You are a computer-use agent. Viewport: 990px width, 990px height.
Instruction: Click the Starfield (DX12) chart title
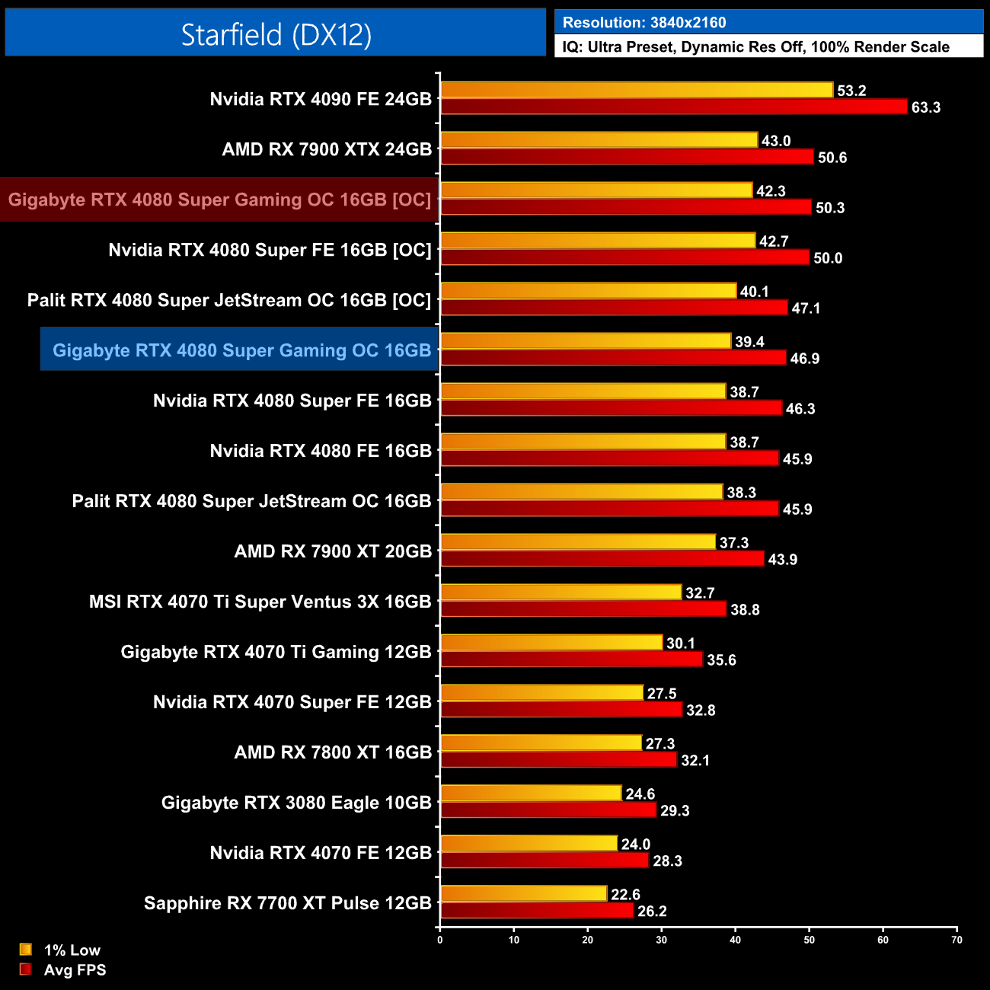click(276, 34)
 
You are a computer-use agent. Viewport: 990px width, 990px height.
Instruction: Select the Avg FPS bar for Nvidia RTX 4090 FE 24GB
click(674, 107)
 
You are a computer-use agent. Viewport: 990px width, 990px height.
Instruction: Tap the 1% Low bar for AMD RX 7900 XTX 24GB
click(599, 140)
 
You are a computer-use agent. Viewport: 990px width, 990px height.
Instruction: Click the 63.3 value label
click(925, 107)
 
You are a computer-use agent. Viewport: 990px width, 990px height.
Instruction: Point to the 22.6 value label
click(625, 895)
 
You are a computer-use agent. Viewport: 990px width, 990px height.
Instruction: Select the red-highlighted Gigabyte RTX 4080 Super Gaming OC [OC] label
click(219, 200)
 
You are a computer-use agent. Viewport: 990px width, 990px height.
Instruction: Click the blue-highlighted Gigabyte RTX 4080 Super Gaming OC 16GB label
click(241, 350)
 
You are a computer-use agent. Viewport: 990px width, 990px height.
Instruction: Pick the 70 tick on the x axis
click(956, 940)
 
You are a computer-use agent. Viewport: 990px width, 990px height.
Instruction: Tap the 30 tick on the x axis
click(661, 940)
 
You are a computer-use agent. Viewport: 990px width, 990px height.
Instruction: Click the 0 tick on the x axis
click(440, 940)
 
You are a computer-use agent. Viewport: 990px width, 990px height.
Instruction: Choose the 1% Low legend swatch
click(26, 950)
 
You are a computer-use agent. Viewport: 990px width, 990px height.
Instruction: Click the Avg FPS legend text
click(75, 970)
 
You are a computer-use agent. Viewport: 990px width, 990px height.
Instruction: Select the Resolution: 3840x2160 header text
click(644, 23)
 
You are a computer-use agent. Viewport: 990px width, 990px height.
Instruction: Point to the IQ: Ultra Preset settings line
click(755, 47)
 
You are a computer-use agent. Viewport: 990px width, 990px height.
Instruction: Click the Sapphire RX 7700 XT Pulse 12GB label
click(288, 903)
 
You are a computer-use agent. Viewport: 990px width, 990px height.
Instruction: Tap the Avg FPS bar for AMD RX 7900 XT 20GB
click(602, 559)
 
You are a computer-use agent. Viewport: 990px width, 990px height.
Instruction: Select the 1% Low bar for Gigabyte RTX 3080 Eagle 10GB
click(531, 794)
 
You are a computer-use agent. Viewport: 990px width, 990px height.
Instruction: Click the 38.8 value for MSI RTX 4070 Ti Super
click(745, 610)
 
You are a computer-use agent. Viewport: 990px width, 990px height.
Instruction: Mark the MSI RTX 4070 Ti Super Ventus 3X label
click(260, 602)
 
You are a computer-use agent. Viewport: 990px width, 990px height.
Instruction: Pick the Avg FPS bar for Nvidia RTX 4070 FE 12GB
click(544, 861)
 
